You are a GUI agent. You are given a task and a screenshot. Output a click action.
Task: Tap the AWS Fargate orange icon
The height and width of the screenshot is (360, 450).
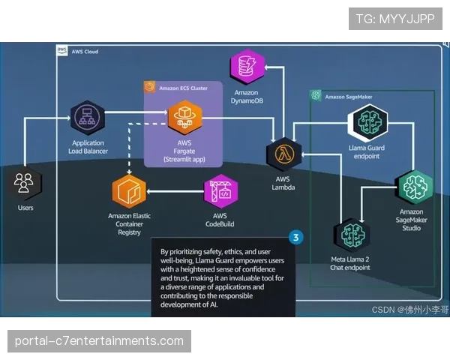(184, 117)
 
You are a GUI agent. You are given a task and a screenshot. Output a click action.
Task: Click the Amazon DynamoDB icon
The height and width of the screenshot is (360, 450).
(247, 67)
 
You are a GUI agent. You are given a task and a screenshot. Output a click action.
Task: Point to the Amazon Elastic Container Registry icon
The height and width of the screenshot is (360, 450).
(128, 192)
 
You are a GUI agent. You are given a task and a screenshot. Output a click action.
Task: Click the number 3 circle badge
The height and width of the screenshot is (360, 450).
(296, 238)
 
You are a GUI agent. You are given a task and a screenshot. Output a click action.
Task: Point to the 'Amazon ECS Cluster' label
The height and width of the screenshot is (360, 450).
(183, 88)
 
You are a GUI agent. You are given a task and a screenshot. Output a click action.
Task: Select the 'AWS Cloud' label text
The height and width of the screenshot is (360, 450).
(85, 52)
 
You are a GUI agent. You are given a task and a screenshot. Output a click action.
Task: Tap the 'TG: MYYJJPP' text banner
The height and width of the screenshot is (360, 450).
(395, 19)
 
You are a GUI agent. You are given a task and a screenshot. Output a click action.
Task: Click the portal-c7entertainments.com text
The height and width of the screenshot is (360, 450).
(99, 341)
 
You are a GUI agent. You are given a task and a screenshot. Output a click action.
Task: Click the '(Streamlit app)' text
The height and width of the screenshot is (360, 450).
(184, 159)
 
